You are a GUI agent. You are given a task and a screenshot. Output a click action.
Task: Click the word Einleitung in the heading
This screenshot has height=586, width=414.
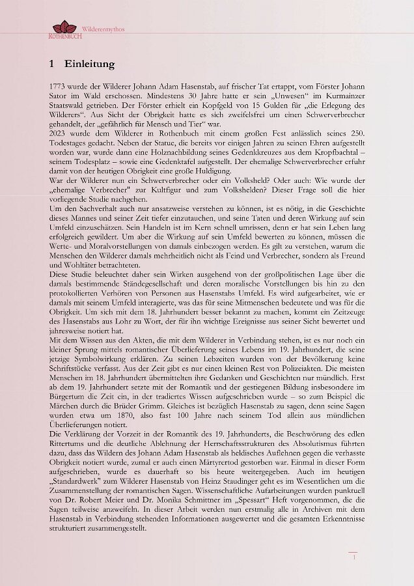click(89, 64)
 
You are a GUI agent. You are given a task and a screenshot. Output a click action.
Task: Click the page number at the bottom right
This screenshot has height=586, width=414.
click(353, 557)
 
